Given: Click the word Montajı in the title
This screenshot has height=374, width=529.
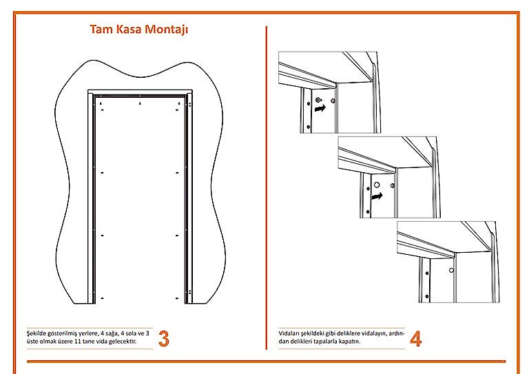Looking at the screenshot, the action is tap(166, 30).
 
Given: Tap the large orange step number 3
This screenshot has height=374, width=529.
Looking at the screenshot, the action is tap(164, 338).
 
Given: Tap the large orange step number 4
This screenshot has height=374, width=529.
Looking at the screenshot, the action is tap(415, 338).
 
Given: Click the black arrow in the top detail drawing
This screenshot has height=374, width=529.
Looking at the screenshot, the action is tap(320, 108).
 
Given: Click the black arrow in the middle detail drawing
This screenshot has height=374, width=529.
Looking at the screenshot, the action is tap(377, 196).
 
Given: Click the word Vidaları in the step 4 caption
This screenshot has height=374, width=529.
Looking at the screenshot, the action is tap(289, 333).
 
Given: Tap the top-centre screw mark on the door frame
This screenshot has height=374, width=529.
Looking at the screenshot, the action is tap(140, 103).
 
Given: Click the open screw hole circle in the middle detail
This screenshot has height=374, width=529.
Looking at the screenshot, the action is tap(377, 185).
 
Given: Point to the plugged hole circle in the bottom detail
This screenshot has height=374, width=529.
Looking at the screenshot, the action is tap(451, 270).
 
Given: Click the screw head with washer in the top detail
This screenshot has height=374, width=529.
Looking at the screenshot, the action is tap(318, 100).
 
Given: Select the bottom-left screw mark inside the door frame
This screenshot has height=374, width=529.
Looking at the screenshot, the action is tap(102, 298).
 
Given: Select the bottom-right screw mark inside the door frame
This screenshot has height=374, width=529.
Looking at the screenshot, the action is tap(177, 298).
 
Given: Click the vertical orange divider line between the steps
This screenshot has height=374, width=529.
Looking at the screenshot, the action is tap(266, 187).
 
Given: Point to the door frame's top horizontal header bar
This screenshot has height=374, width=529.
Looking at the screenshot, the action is tap(140, 92).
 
